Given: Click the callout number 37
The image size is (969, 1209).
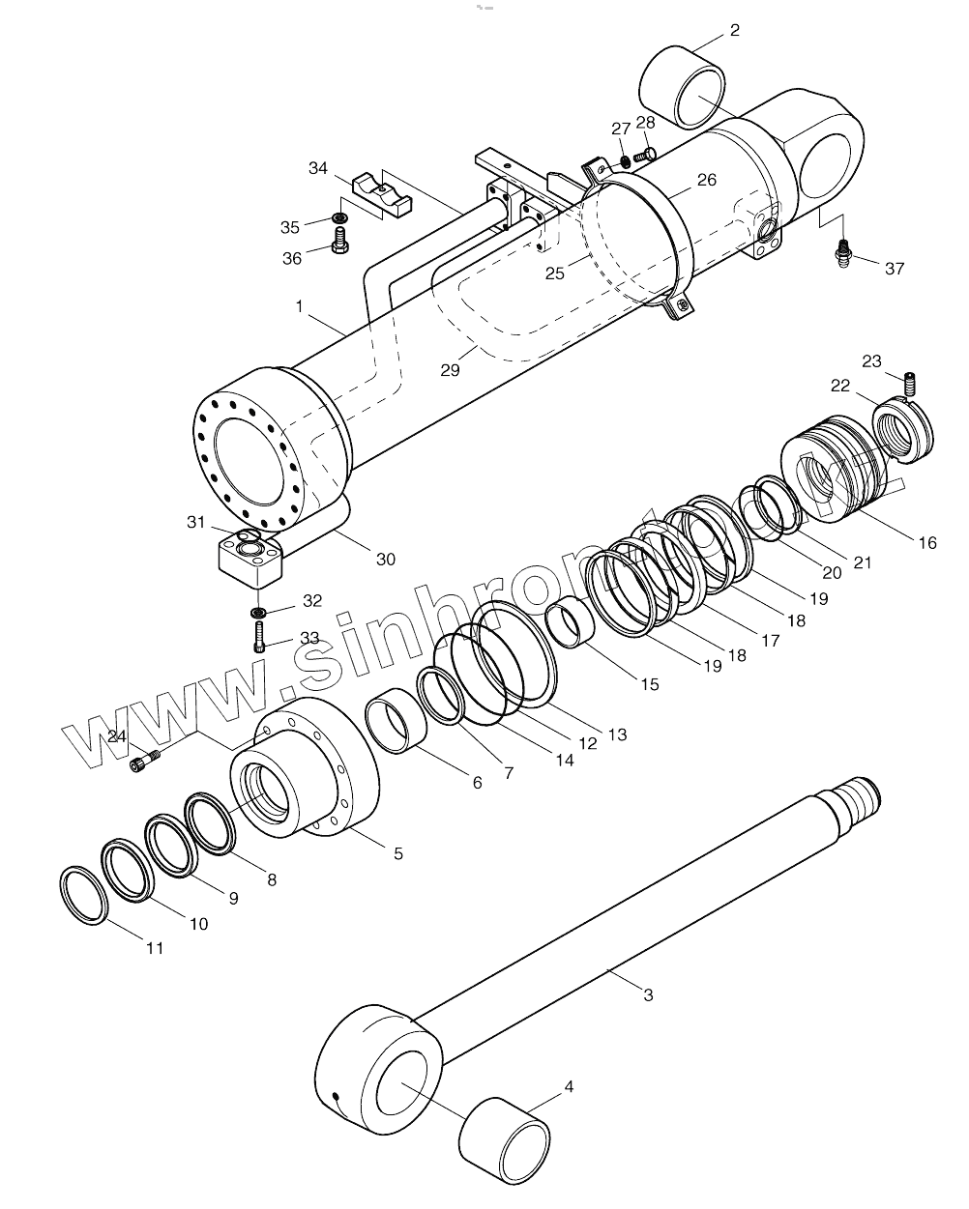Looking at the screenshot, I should point(895,268).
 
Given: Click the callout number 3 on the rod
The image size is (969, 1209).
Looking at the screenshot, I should point(648,994).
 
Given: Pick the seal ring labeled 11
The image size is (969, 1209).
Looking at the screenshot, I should point(83,894).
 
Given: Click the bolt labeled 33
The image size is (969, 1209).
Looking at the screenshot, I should point(260,639).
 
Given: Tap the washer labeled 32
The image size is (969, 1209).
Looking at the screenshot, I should point(259,612).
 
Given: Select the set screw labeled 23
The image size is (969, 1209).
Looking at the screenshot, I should point(909,384).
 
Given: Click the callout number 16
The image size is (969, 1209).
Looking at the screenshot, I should point(927,543).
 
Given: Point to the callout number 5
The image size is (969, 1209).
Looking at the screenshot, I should point(398,853).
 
